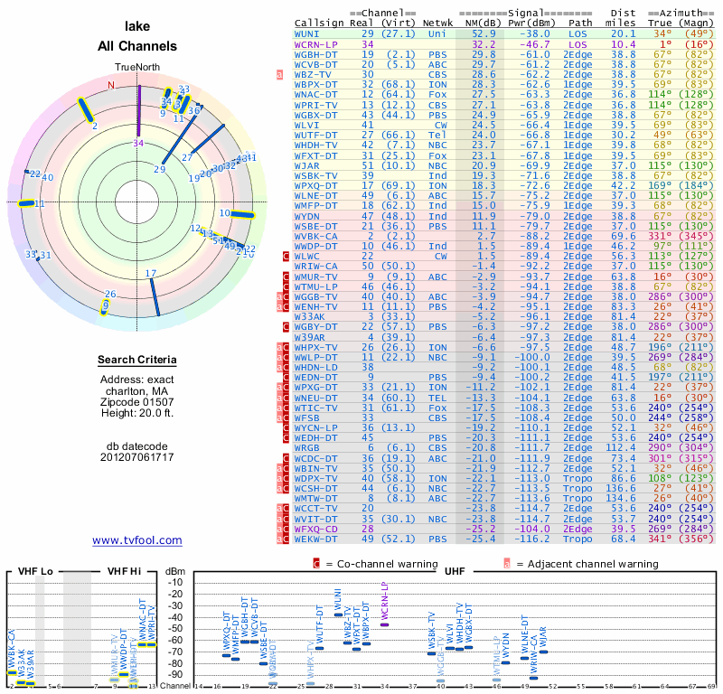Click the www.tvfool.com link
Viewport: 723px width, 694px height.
[x=137, y=540]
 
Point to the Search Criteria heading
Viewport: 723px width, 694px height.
[x=137, y=361]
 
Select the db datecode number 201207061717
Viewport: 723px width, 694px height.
[x=137, y=457]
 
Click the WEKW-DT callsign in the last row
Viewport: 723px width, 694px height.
[x=317, y=539]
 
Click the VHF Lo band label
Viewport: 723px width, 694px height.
[x=33, y=572]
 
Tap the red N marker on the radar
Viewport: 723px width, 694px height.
[x=112, y=86]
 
